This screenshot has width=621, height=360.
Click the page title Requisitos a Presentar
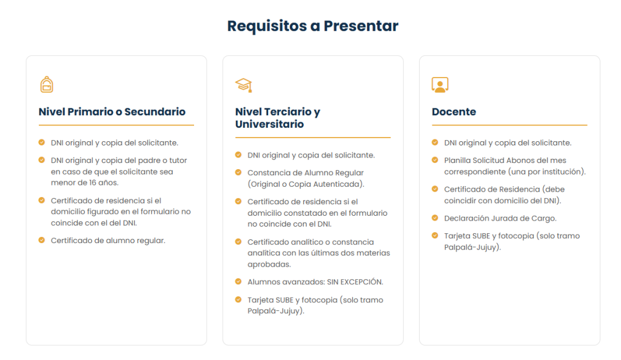pos(312,26)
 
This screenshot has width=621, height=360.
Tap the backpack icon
pos(47,84)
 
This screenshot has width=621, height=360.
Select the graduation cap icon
pos(244,85)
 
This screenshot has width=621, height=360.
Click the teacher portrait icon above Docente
pos(440,85)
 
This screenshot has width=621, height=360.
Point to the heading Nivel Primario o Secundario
pos(112,112)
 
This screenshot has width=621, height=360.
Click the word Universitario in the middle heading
pos(270,124)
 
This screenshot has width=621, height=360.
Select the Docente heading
pos(454,112)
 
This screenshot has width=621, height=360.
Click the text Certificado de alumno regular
pos(108,241)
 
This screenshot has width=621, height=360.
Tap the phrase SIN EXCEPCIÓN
pos(355,282)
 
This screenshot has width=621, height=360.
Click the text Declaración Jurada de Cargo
pos(500,218)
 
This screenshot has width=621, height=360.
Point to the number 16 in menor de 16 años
pos(93,183)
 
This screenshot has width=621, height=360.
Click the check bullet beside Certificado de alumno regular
pos(42,240)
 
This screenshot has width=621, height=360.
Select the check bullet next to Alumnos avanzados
pos(238,282)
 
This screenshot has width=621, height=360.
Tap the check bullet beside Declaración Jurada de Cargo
pos(435,218)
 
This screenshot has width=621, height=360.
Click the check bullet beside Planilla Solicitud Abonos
pos(435,160)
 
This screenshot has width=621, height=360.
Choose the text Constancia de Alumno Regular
pos(306,173)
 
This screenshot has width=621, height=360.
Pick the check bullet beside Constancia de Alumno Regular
pos(238,173)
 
